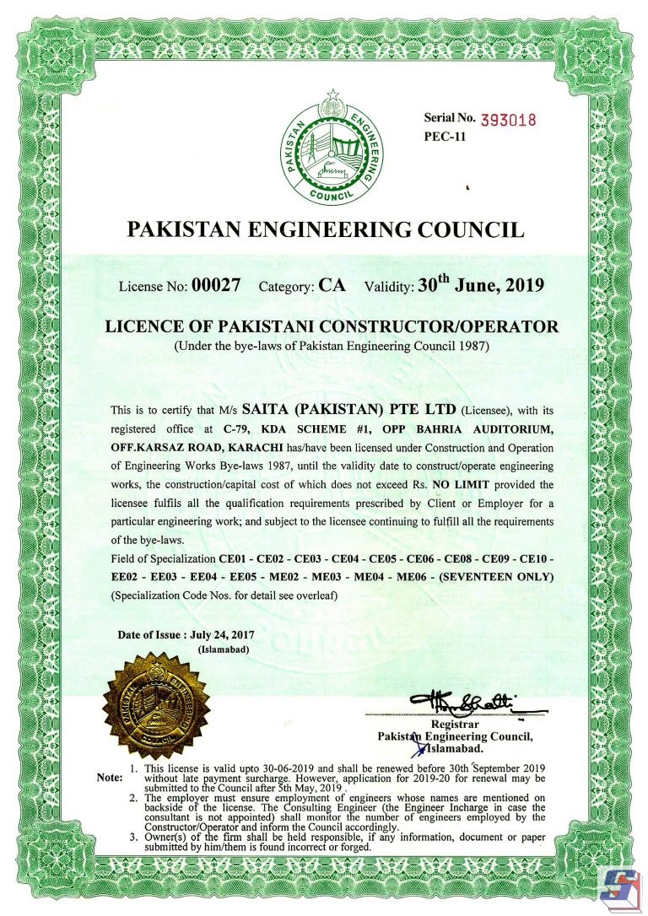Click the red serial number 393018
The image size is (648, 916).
point(508,119)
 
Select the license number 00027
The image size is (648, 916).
point(217,285)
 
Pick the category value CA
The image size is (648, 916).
point(332,285)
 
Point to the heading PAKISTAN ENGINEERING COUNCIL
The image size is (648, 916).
point(325,229)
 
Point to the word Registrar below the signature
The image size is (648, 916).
point(455,724)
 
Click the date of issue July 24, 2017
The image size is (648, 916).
point(217,633)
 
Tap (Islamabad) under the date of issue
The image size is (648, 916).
point(223,650)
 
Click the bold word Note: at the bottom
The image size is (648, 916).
point(110,777)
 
